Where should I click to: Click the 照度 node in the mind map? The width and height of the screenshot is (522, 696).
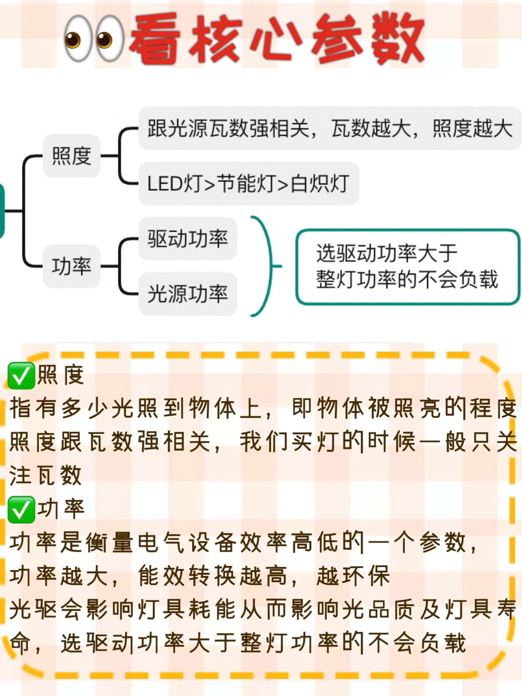pos(72,156)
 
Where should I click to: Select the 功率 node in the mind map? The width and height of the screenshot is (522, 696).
pos(72,266)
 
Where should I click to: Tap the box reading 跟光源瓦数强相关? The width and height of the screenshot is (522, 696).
pos(329,128)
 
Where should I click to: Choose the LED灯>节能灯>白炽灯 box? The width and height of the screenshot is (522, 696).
pos(248,183)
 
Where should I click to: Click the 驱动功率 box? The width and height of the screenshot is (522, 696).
pos(187,239)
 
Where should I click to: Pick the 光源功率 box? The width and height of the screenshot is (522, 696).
pos(187,294)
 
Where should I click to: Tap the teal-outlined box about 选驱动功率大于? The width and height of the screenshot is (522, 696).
pos(407,267)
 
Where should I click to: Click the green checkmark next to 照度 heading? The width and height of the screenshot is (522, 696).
pos(21,376)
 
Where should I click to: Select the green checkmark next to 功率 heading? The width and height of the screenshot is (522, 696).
pos(21,510)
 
